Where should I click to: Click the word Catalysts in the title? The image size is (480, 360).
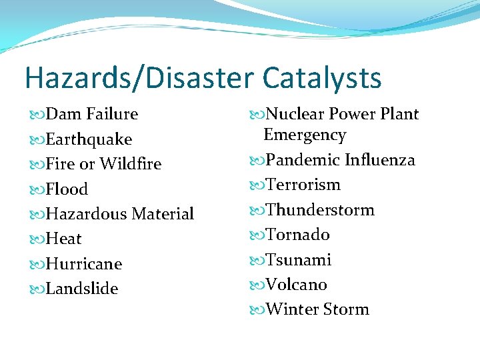322,78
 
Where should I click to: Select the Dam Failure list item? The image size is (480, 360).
91,114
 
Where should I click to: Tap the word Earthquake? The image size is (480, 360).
89,139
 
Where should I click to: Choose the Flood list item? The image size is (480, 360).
67,189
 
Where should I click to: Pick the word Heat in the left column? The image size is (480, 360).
64,239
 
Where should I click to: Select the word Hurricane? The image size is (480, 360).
84,264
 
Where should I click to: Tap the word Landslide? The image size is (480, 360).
82,289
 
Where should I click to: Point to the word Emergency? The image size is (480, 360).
305,135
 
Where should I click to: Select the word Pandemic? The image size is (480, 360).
303,160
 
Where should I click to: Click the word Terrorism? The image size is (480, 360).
303,185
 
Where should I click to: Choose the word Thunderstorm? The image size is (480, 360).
320,210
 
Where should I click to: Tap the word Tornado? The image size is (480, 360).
298,235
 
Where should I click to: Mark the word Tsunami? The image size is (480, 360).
299,260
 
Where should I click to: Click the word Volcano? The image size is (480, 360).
297,285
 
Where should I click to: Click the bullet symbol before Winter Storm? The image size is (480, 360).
258,310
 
